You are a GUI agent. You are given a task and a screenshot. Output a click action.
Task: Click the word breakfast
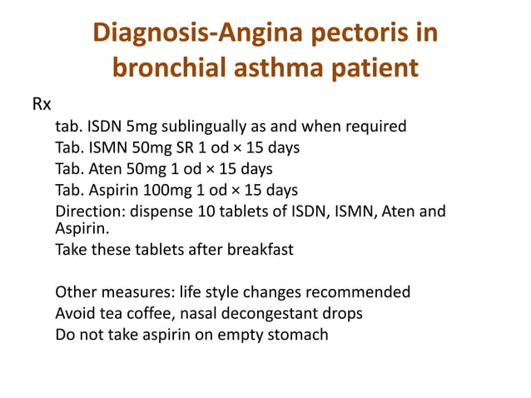coord(254,249)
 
